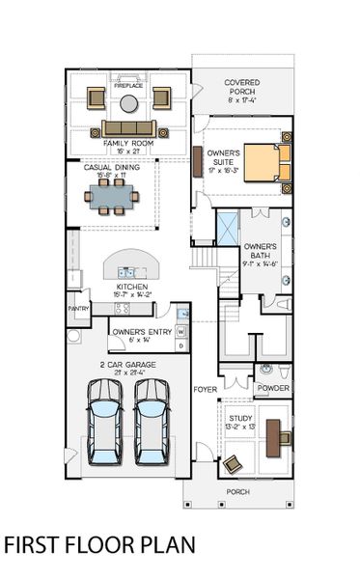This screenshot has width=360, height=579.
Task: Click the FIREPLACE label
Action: tap(128, 86)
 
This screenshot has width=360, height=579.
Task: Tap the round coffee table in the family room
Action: tap(128, 101)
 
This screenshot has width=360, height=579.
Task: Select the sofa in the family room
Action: tap(128, 128)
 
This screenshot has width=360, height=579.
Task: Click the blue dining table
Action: tap(112, 197)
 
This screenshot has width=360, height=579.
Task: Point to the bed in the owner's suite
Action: tap(264, 162)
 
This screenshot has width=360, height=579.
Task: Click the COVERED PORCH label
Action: tap(241, 88)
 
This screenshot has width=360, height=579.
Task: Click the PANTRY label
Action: tap(78, 309)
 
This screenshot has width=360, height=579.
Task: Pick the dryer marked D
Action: tap(180, 345)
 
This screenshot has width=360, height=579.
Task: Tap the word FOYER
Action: tap(205, 390)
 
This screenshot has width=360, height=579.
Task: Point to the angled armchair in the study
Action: tap(233, 464)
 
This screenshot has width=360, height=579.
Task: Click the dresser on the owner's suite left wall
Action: tap(198, 160)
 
